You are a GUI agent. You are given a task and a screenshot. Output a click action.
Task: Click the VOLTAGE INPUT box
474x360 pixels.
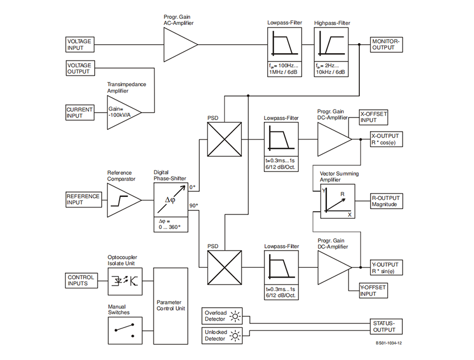pyautogui.click(x=79, y=44)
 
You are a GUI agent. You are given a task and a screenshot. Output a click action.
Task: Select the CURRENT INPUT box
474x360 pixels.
pyautogui.click(x=79, y=112)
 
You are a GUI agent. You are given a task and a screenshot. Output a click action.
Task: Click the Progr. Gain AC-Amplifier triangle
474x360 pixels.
pyautogui.click(x=178, y=44)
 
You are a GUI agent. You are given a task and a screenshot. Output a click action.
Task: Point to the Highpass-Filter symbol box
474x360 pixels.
pyautogui.click(x=330, y=43)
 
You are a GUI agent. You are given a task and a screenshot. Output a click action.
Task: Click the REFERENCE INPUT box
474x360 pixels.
pyautogui.click(x=83, y=199)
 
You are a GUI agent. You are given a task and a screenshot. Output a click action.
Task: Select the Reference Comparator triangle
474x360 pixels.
pyautogui.click(x=122, y=199)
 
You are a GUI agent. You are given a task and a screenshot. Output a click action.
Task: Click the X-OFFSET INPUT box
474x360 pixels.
pyautogui.click(x=373, y=116)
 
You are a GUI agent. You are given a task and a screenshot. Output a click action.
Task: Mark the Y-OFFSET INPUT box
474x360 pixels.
pyautogui.click(x=373, y=291)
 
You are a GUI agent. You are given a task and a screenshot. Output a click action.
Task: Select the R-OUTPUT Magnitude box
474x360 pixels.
pyautogui.click(x=386, y=201)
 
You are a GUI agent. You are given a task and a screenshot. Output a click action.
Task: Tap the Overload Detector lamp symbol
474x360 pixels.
pyautogui.click(x=235, y=316)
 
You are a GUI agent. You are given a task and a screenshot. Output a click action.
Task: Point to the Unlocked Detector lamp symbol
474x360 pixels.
pyautogui.click(x=235, y=336)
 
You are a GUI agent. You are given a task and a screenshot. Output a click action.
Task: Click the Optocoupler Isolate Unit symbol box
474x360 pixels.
pyautogui.click(x=126, y=281)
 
